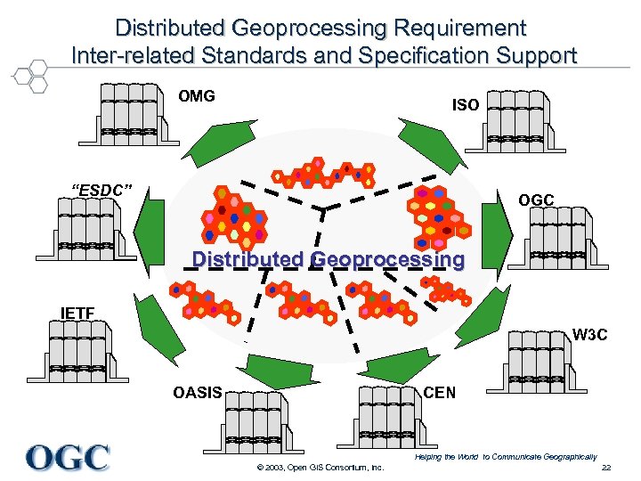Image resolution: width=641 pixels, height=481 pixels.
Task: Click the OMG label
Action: point(197,96)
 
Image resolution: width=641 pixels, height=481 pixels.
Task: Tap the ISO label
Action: point(466,105)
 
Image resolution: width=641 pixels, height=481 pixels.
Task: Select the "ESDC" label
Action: point(102,189)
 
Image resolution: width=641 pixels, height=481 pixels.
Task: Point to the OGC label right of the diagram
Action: point(537,200)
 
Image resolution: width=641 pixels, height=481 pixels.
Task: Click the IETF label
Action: point(77,313)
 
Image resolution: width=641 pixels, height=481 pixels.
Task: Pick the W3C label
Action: point(589,335)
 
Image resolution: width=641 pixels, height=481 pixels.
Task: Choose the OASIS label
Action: point(198,393)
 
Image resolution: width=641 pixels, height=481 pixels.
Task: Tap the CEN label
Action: point(439,393)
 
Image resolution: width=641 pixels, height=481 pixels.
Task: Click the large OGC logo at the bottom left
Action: point(68,457)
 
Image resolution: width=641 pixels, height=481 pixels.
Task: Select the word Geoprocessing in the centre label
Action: point(388,260)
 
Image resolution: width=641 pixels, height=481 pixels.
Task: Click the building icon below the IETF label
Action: point(79,352)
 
